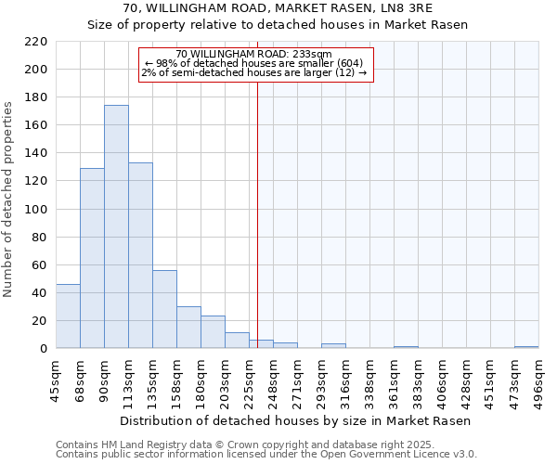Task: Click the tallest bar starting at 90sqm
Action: [116, 227]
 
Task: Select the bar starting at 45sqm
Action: [68, 316]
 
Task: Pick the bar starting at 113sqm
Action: [140, 255]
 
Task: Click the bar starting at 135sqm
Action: [164, 309]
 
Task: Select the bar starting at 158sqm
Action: [188, 328]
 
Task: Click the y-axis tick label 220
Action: [35, 42]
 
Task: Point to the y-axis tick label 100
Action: [35, 210]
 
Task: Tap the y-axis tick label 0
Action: [43, 349]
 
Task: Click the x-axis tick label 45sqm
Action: [57, 378]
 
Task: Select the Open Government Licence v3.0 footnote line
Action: [266, 455]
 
